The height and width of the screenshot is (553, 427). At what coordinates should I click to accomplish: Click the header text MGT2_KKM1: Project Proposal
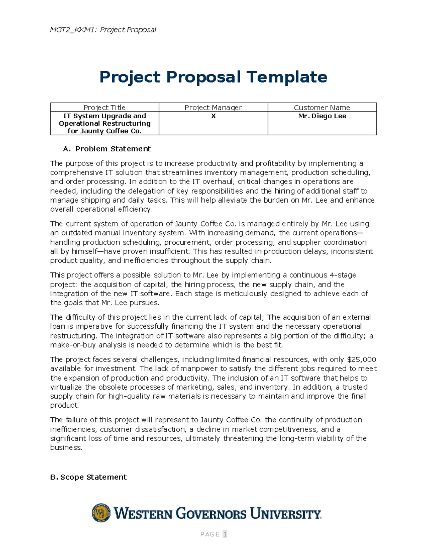(x=103, y=30)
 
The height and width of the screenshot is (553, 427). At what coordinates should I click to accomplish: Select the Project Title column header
(x=104, y=108)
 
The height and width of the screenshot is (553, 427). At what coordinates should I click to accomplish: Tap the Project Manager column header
(x=213, y=108)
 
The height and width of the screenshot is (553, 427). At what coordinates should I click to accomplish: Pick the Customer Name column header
(x=322, y=108)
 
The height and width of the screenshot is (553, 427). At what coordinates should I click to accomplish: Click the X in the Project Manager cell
(x=213, y=116)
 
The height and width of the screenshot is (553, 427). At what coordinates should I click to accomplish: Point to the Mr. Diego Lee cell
(x=322, y=116)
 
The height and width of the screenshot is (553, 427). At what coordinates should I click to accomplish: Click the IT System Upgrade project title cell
(x=105, y=123)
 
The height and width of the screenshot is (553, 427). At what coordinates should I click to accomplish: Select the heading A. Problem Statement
(x=106, y=149)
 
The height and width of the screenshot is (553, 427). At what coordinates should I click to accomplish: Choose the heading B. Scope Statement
(x=88, y=477)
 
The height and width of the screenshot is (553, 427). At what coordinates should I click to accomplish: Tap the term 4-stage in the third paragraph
(x=343, y=275)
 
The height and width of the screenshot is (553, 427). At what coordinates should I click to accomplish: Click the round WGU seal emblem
(x=101, y=513)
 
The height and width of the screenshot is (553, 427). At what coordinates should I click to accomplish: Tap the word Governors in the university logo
(x=211, y=514)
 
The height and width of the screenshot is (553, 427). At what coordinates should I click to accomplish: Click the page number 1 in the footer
(x=225, y=534)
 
